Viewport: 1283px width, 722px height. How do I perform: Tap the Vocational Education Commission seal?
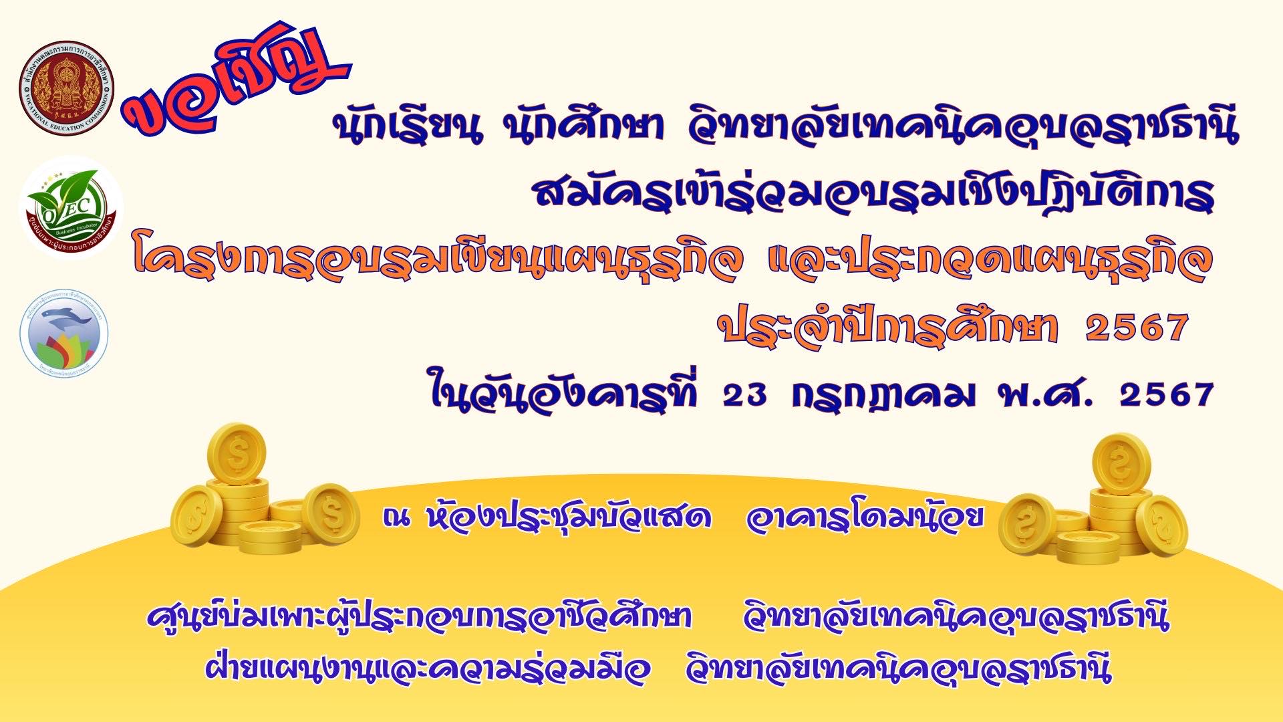pyautogui.click(x=66, y=92)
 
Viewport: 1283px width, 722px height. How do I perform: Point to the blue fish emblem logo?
pyautogui.click(x=64, y=333)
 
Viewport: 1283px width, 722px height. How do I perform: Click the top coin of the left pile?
pyautogui.click(x=236, y=452)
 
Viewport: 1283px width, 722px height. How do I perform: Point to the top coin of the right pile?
pyautogui.click(x=1121, y=463)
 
